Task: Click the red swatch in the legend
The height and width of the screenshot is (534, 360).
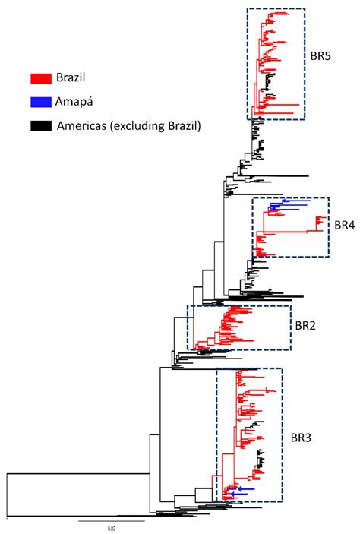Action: coord(40,78)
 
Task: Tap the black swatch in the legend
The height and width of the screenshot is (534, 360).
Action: coord(40,125)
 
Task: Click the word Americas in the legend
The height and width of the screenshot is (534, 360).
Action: coord(85,126)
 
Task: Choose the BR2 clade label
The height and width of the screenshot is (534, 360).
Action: coord(307,326)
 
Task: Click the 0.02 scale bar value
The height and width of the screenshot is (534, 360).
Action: coord(111,528)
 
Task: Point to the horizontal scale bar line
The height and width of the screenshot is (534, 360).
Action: coord(111,521)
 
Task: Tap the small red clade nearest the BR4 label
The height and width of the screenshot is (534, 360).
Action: coord(317,223)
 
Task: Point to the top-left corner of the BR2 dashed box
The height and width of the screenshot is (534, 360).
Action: coord(188,306)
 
